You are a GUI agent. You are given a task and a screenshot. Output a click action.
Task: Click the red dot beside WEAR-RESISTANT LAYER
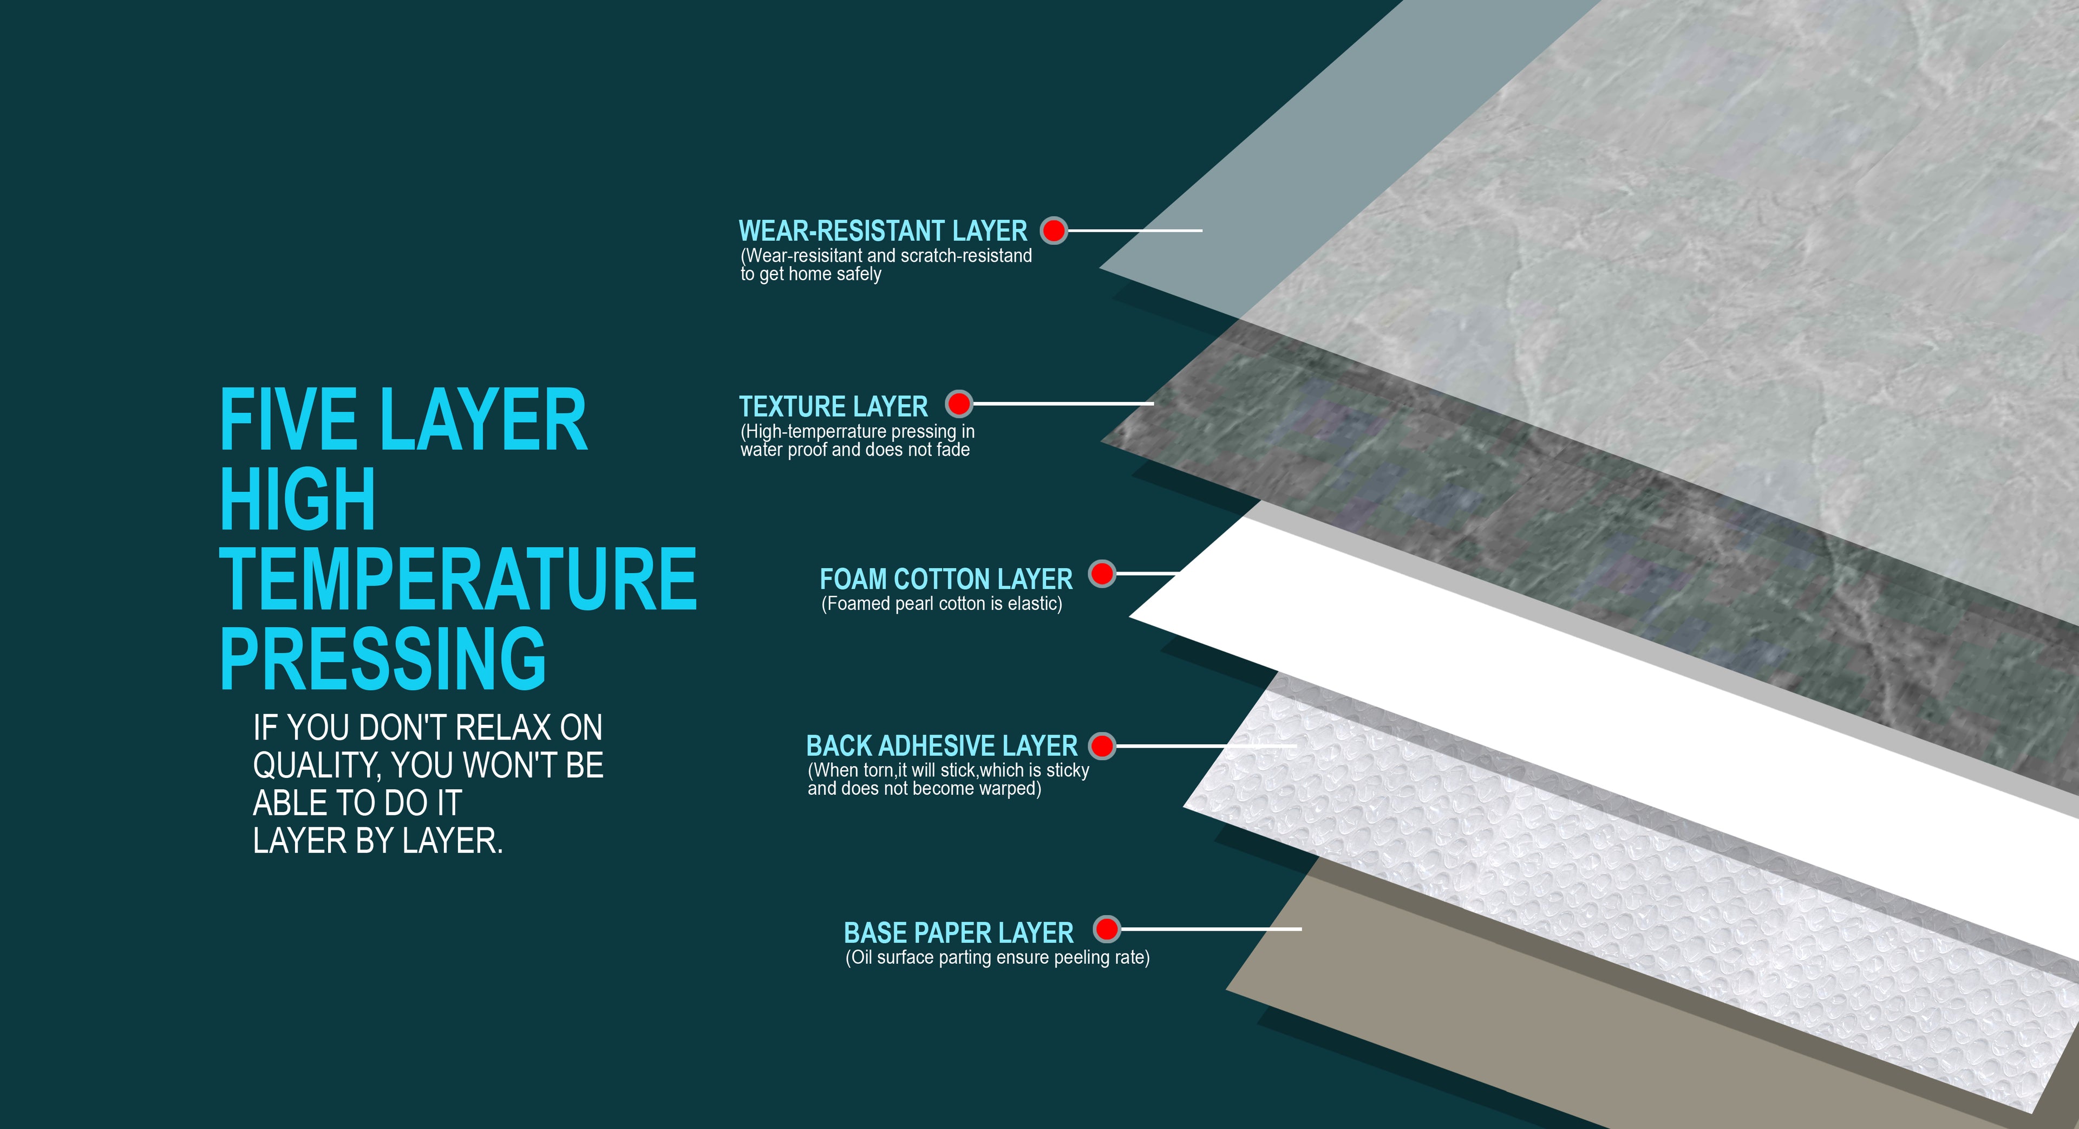1053,231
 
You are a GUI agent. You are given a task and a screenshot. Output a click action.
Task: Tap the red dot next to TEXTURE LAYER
959,403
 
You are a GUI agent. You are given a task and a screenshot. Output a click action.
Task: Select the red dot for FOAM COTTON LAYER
1102,574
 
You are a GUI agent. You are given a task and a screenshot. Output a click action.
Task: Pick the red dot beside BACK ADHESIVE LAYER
1102,745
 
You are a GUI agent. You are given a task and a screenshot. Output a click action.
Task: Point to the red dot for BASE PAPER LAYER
1107,930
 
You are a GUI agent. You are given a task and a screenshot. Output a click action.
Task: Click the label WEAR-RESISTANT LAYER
883,231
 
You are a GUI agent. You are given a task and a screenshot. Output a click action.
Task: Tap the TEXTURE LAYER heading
834,406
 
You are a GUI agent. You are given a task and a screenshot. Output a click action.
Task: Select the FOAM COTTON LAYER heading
946,579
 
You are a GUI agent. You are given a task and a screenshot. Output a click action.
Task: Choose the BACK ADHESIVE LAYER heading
942,745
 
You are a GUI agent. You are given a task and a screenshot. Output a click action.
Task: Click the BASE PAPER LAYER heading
959,933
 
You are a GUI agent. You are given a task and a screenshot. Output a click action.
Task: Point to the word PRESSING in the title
383,658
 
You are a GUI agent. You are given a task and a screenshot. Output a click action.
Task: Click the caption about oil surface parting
997,958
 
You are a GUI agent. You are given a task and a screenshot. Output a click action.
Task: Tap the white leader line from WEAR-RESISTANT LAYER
1135,230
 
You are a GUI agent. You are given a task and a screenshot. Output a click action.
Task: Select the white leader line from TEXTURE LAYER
1063,403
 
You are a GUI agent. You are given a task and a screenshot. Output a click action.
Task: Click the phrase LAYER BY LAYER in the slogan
378,841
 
